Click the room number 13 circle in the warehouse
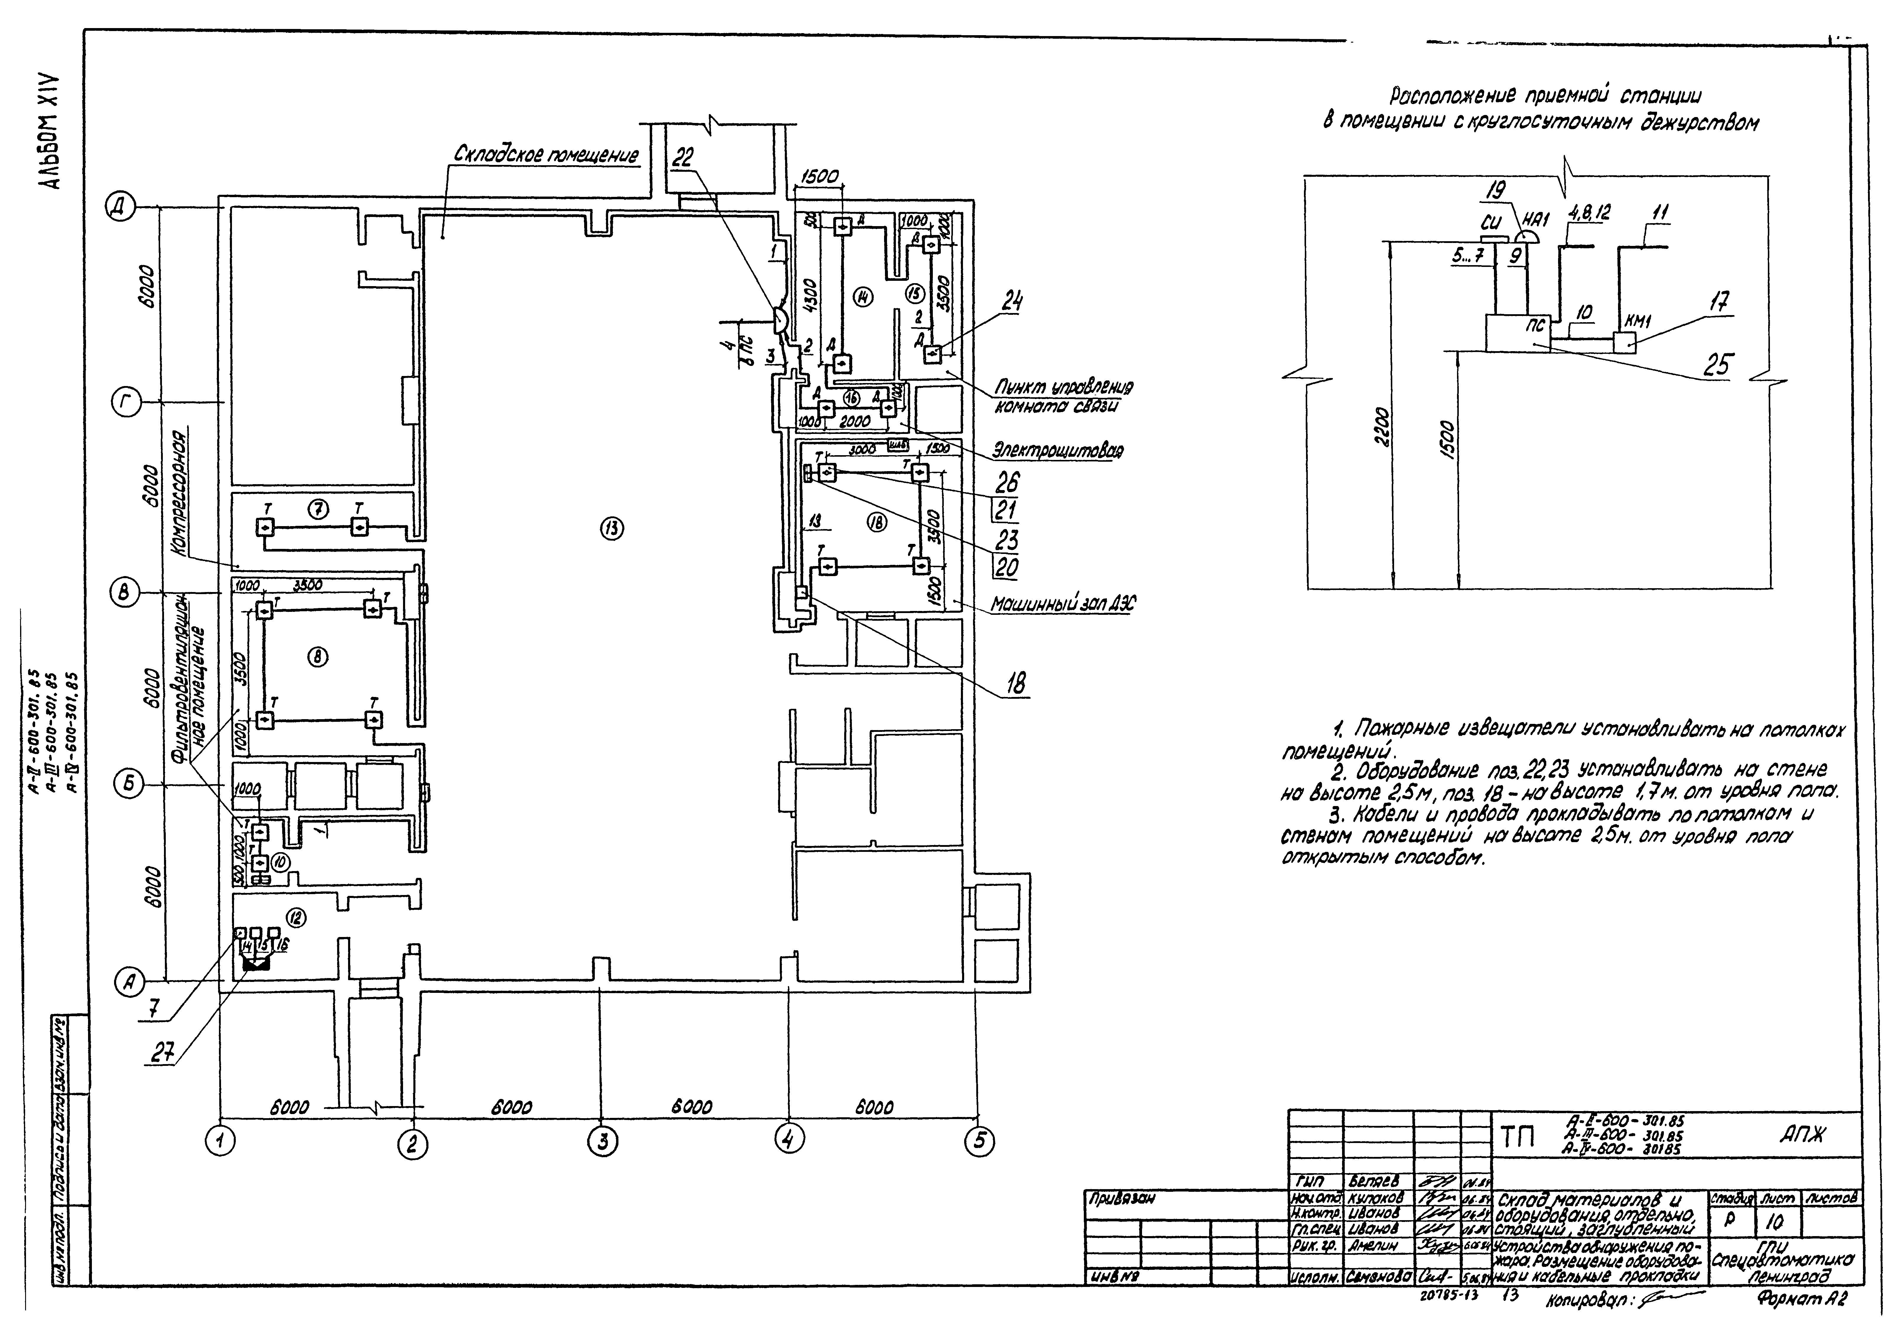click(x=612, y=529)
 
